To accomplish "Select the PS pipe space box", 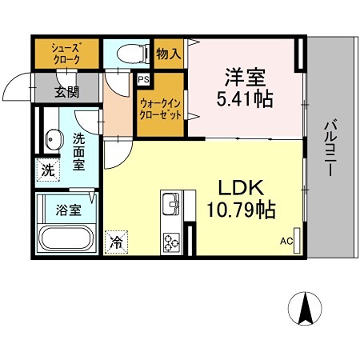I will pos(144,80).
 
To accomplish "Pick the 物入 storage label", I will pos(169,54).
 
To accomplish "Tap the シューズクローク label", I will pos(66,53).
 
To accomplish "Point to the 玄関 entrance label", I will pos(67,90).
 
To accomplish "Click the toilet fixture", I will pos(130,54).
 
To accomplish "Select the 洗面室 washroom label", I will pos(82,150).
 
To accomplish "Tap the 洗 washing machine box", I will pos(48,170).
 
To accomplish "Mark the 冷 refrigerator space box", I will pos(116,240).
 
